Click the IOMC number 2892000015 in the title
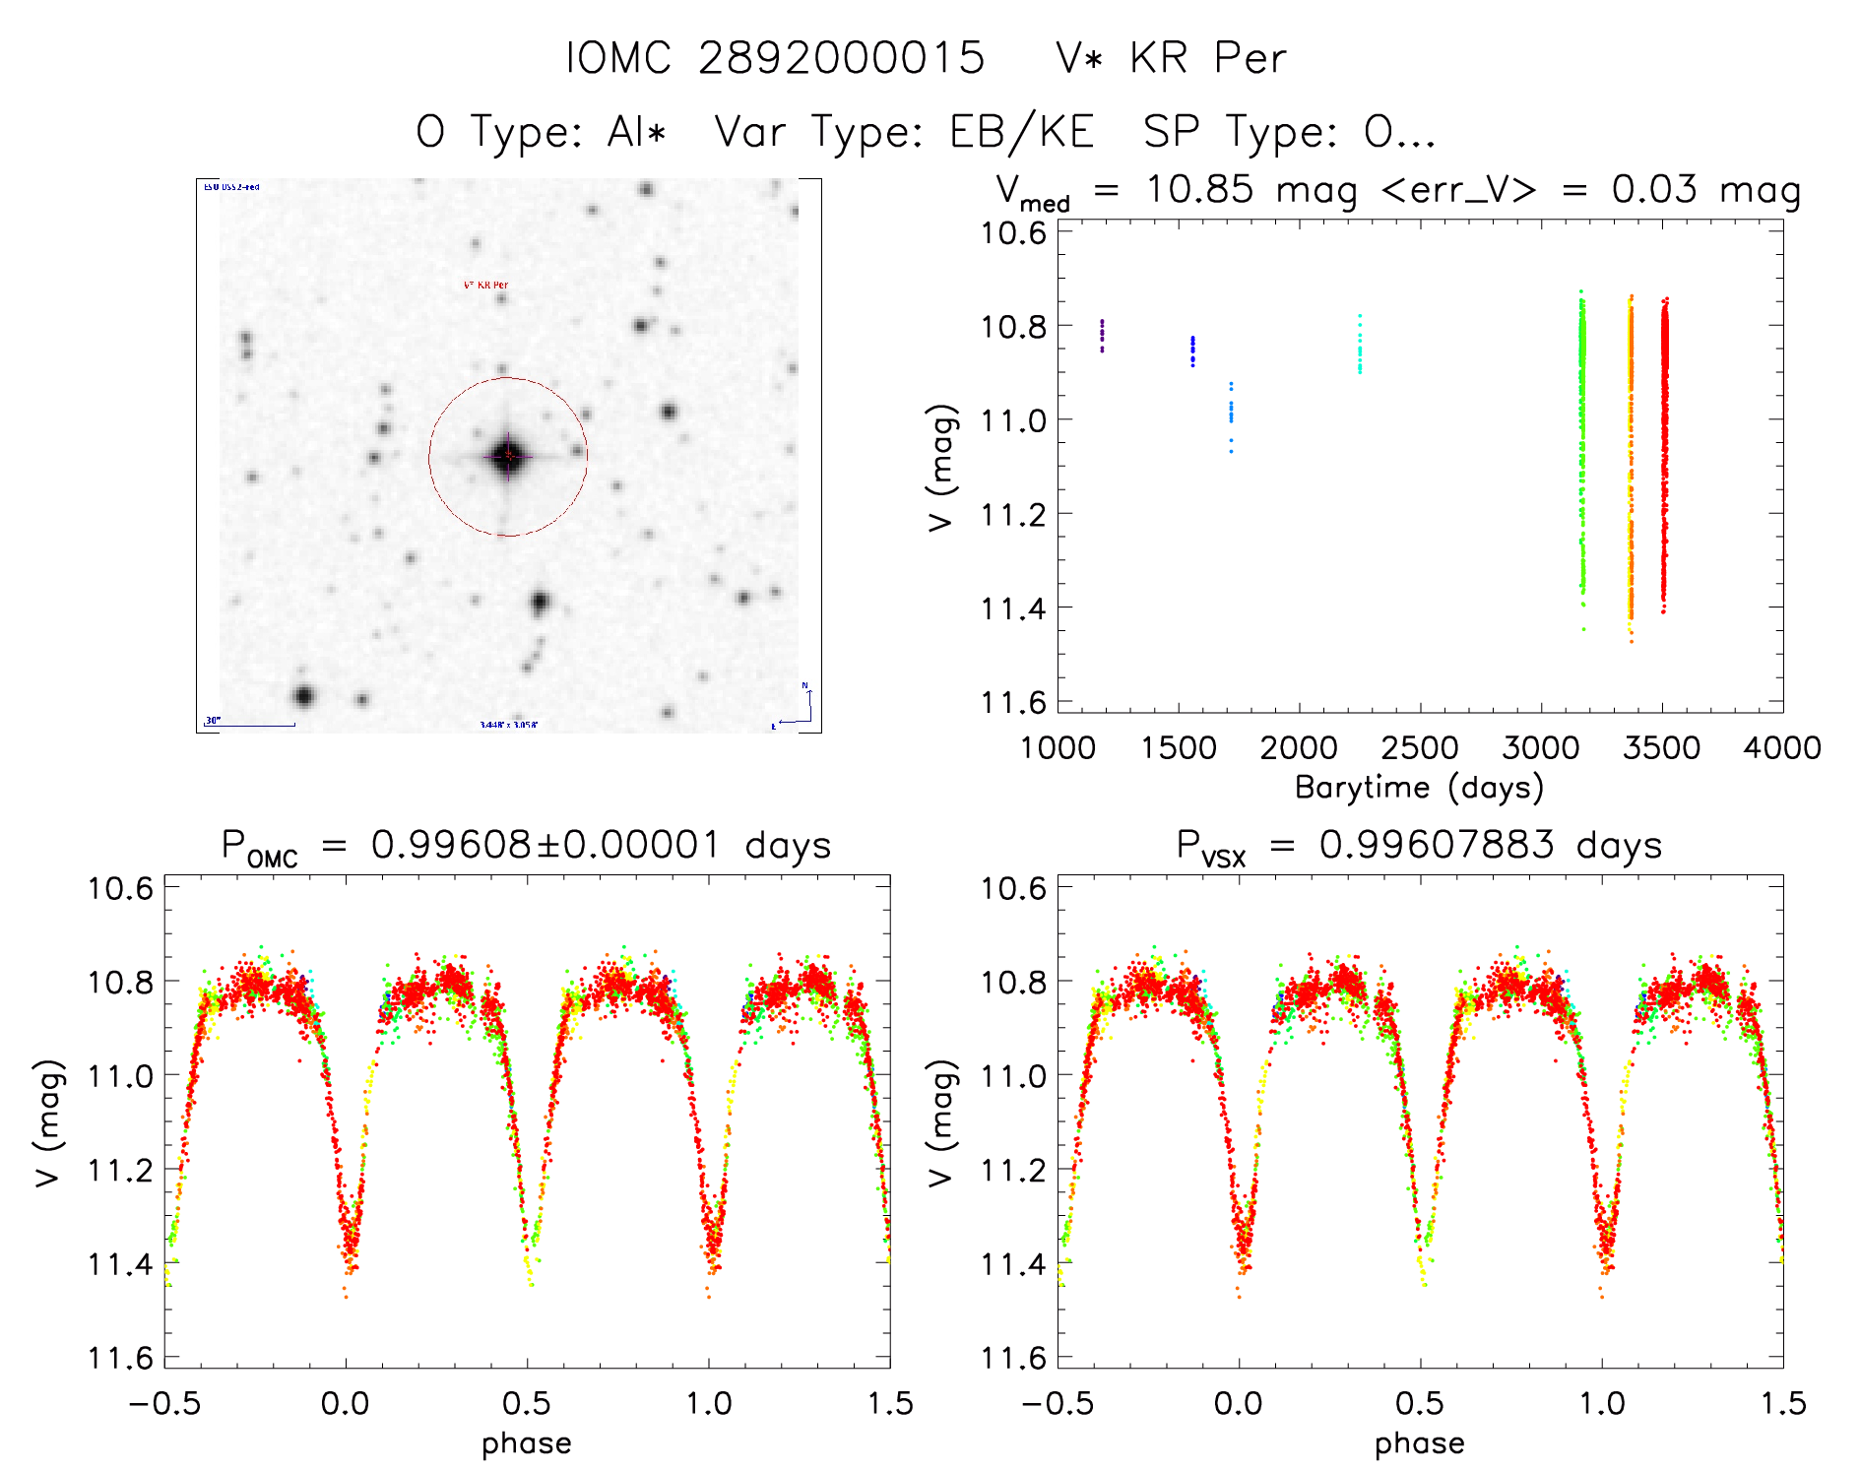tap(841, 58)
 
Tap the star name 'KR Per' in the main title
tap(1207, 58)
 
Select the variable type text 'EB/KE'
tap(1021, 132)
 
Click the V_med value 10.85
tap(1199, 189)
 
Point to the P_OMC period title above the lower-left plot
tap(526, 846)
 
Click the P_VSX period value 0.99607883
tap(1437, 845)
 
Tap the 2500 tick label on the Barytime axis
tap(1419, 748)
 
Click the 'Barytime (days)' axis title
tap(1419, 788)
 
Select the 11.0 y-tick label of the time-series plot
tap(1013, 420)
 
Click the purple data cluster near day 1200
tap(1102, 335)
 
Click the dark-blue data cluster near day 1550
tap(1192, 350)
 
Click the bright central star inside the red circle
tap(508, 455)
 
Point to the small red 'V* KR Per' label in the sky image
tap(485, 285)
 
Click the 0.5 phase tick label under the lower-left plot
tap(527, 1404)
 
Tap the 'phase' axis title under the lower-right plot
tap(1419, 1443)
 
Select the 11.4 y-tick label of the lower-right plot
tap(1013, 1264)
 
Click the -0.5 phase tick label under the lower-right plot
tap(1057, 1404)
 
